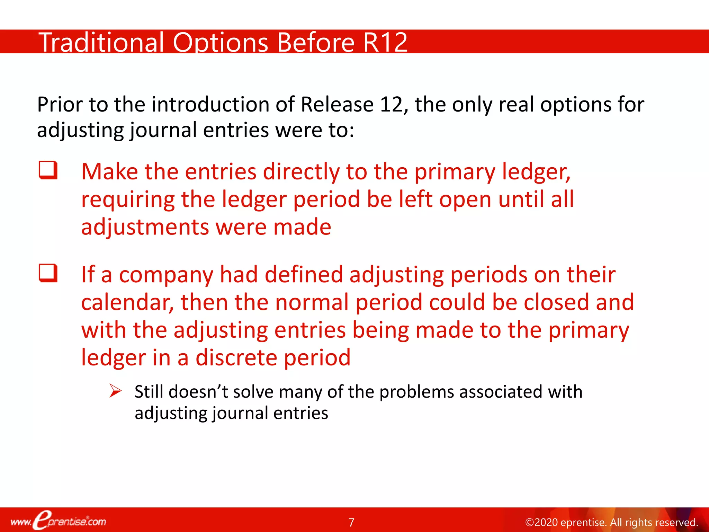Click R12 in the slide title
tap(385, 43)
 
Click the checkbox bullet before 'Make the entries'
tap(48, 170)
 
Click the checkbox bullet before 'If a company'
tap(48, 273)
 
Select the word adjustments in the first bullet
tap(144, 227)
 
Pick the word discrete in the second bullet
tap(236, 357)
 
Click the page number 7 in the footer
tap(351, 522)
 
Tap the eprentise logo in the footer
tap(58, 521)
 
